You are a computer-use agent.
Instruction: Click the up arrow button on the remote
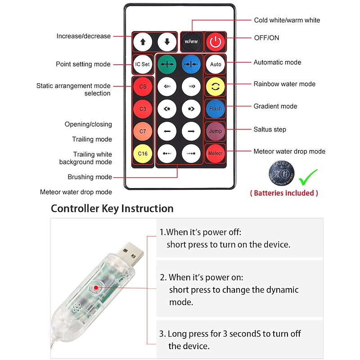click(143, 42)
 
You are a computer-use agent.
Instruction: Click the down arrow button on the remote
click(167, 42)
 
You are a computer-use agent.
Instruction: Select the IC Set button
click(142, 64)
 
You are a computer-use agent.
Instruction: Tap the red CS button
click(143, 86)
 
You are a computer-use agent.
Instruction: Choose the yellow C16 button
click(143, 153)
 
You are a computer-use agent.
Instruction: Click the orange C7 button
click(143, 131)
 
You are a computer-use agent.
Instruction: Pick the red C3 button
click(143, 109)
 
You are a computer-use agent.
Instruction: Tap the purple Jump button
click(215, 131)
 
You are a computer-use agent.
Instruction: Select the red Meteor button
click(215, 153)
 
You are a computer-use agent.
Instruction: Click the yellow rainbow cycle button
click(215, 86)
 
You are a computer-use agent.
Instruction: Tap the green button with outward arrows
click(167, 64)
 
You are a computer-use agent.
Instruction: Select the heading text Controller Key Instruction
click(112, 209)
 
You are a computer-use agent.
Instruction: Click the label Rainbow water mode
click(284, 84)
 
